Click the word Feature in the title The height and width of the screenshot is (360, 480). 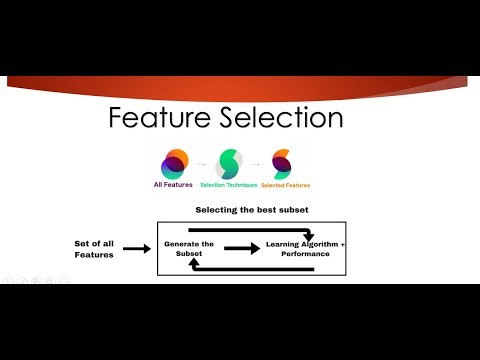159,120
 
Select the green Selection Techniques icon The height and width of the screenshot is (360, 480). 229,163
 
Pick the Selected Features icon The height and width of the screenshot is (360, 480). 282,163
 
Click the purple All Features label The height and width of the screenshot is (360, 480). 172,185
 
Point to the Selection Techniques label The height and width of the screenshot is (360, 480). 229,185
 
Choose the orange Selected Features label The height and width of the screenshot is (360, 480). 284,185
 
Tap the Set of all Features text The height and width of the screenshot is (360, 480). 96,249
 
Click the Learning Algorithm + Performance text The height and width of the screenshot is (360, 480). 305,249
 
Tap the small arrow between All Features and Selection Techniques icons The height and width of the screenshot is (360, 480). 200,163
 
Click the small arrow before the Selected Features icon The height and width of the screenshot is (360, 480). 257,163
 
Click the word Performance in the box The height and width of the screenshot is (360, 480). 306,255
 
